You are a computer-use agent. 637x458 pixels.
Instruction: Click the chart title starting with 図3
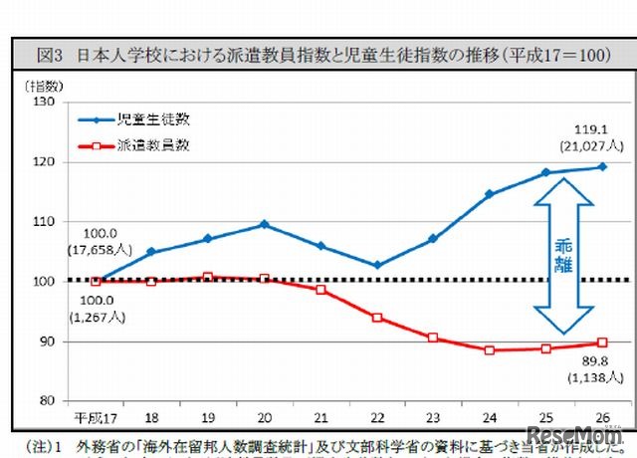318,56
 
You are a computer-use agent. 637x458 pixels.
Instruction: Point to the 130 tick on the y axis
44,102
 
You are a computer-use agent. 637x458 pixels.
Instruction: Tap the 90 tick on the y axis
48,341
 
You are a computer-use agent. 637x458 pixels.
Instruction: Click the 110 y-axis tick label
44,221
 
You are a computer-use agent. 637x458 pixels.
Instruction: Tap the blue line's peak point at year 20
265,224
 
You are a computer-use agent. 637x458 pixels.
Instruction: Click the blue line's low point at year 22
377,265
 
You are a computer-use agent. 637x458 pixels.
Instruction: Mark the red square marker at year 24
490,349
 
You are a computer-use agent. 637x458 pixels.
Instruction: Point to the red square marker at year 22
377,318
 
